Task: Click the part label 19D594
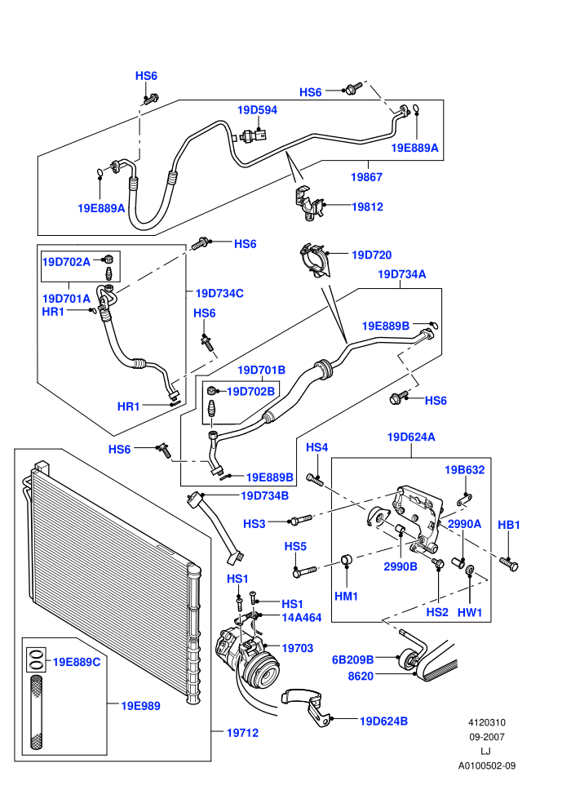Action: (x=257, y=109)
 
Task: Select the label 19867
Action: (x=366, y=177)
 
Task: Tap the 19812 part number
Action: (x=367, y=206)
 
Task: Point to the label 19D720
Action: (x=371, y=255)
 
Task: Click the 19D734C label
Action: (x=219, y=293)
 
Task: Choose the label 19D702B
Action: (x=250, y=391)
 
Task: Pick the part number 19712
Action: (x=242, y=732)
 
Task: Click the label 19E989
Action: (x=140, y=706)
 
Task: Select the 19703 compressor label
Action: (x=298, y=648)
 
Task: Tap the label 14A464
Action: (x=302, y=617)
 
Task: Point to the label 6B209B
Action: (x=352, y=659)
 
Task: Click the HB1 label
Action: (x=509, y=525)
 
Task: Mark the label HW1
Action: (x=470, y=612)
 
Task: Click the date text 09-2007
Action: (x=487, y=737)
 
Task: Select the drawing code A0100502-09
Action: (x=487, y=766)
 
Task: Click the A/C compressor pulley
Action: (x=263, y=672)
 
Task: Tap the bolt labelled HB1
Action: (x=509, y=564)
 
